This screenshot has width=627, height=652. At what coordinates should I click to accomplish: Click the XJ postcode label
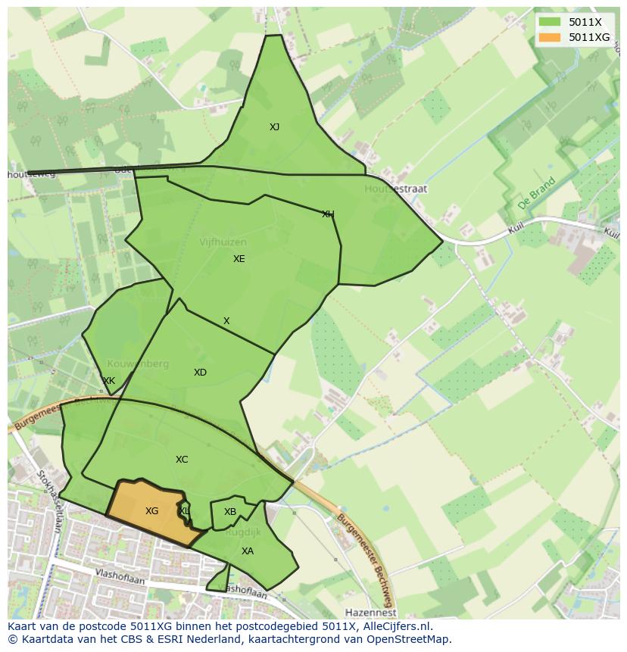[x=274, y=127]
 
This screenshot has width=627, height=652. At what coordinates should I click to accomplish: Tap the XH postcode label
[x=328, y=214]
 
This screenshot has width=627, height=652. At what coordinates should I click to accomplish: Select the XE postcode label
[x=239, y=259]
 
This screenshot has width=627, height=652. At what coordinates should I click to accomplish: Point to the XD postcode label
[x=200, y=373]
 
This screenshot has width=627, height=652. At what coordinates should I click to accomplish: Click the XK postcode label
[x=109, y=381]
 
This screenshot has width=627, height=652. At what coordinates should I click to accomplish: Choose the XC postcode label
[x=182, y=460]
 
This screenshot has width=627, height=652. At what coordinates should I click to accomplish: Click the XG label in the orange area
[x=151, y=511]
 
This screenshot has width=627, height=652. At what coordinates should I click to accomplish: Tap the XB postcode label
[x=230, y=512]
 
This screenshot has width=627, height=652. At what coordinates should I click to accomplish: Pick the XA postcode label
[x=248, y=551]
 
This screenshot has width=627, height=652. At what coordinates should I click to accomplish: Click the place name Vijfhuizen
[x=223, y=242]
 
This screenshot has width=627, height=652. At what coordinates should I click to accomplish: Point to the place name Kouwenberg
[x=138, y=363]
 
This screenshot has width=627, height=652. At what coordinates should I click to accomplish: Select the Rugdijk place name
[x=243, y=532]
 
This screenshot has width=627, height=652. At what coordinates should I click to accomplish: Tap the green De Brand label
[x=537, y=194]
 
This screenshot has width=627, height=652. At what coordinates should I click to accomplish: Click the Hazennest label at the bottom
[x=370, y=612]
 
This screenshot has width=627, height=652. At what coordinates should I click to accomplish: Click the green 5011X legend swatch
[x=550, y=22]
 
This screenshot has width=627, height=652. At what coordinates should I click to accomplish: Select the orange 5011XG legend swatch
[x=550, y=37]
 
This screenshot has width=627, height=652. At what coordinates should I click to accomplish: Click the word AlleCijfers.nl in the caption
[x=393, y=626]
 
